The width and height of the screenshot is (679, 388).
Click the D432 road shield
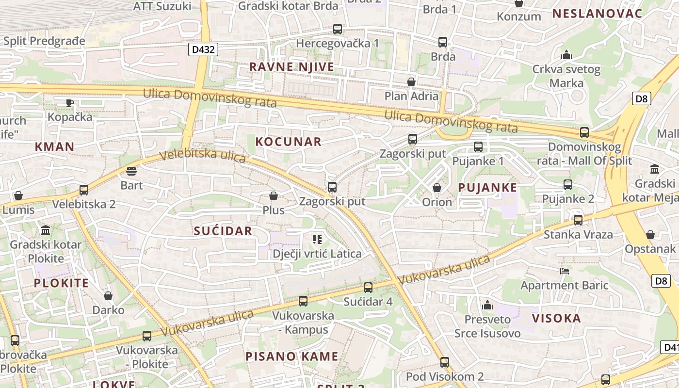[203, 49]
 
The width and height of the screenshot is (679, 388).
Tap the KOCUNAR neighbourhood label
[288, 142]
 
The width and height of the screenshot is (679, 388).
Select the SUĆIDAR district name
[223, 231]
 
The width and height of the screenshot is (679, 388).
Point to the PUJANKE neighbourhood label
[487, 188]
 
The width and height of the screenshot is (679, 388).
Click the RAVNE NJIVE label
[291, 67]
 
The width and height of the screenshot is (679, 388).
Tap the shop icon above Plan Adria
[411, 82]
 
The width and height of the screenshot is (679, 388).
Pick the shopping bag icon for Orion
[437, 188]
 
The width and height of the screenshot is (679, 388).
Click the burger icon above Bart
[131, 171]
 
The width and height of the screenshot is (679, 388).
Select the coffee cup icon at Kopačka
[70, 102]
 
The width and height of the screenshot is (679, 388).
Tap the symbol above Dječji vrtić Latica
[317, 239]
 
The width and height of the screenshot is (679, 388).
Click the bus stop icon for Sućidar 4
[368, 287]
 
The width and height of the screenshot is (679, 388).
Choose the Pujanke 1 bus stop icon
[478, 146]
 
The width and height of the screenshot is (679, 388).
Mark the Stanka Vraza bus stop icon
[578, 220]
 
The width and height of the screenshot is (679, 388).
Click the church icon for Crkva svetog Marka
[566, 55]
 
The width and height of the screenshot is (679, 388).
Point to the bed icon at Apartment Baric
[565, 271]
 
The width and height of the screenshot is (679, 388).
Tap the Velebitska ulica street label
[203, 156]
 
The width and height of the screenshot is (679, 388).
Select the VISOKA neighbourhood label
[556, 318]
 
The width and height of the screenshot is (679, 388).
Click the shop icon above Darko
[108, 295]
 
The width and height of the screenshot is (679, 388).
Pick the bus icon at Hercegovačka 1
[338, 29]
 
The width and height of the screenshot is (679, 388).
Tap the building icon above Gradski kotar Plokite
[46, 229]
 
